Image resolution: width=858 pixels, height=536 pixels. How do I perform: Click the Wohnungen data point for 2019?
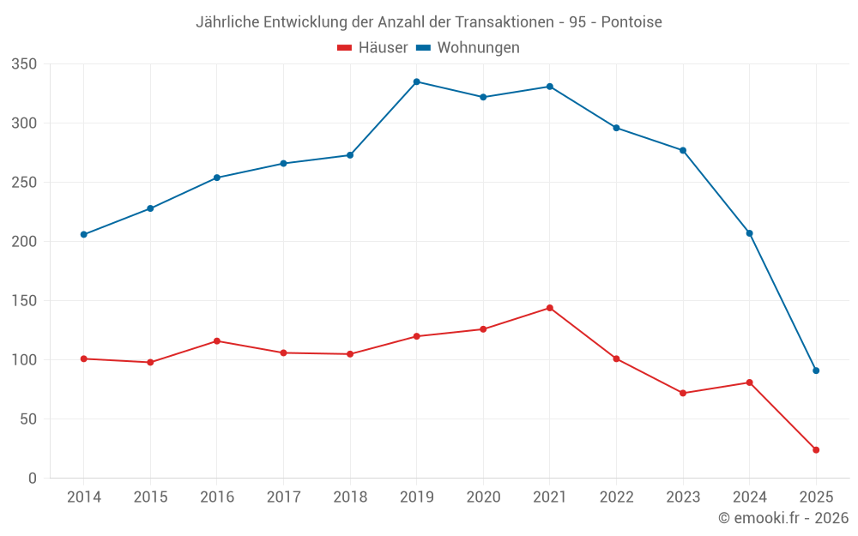417,81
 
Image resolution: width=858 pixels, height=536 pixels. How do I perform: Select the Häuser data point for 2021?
550,308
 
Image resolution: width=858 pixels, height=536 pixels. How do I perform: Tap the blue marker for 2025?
816,370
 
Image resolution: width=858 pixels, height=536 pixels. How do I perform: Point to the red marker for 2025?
816,449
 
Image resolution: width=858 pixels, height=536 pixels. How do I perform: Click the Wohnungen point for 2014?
84,234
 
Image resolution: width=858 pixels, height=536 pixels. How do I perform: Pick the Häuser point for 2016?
217,341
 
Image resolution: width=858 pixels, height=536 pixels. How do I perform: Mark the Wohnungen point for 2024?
749,233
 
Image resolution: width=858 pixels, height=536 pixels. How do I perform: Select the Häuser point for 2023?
683,393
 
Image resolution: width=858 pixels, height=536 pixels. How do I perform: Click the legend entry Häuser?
372,48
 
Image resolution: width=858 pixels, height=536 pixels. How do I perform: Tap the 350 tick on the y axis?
24,64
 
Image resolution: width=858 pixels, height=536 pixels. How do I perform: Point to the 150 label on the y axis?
24,301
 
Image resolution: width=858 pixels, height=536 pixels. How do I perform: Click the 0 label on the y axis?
32,478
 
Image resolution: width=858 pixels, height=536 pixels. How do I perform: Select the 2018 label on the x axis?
350,497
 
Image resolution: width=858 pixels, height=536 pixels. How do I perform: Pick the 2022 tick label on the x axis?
616,497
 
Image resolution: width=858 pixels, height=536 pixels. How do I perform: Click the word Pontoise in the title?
631,22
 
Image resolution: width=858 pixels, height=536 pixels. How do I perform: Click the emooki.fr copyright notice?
783,518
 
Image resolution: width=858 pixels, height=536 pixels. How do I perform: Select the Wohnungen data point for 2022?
616,128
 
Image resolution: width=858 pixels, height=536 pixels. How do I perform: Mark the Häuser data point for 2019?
417,336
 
